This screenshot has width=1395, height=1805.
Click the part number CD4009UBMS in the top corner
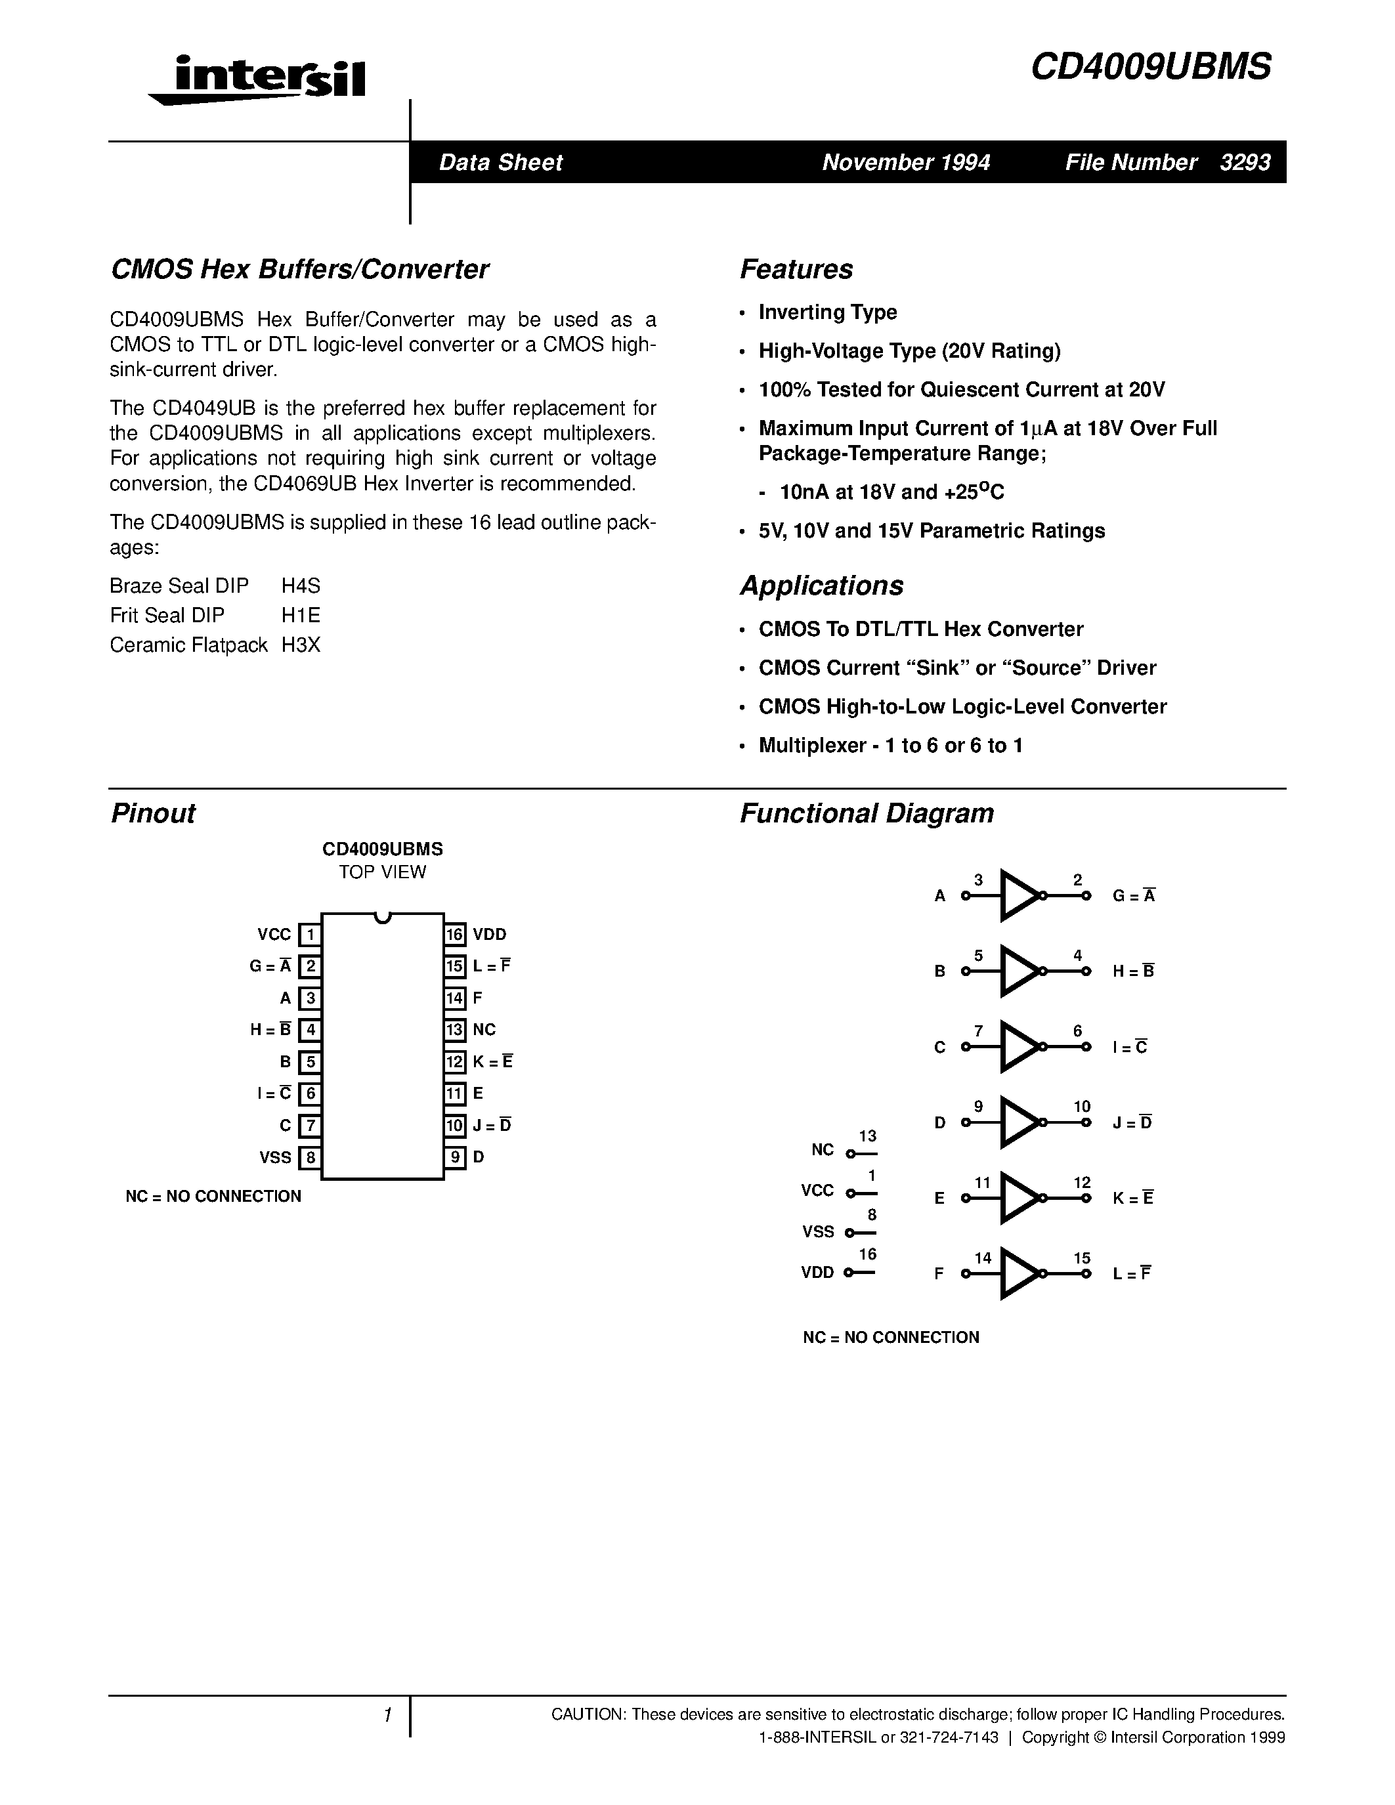[1150, 67]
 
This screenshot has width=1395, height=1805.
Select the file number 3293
[1245, 163]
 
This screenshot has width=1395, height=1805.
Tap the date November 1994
[906, 163]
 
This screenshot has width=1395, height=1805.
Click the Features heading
[796, 269]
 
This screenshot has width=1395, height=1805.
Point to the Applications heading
[821, 585]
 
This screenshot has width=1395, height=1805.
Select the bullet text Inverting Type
[827, 312]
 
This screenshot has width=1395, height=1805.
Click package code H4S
[301, 586]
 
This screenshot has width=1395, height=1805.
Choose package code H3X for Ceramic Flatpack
[301, 645]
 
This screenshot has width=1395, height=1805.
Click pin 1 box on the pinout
[310, 935]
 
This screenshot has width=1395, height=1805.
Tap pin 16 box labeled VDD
[454, 935]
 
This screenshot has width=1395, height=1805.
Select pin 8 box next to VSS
[310, 1157]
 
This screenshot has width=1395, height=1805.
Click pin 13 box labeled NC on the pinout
[454, 1030]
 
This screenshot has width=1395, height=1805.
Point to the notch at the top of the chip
[382, 918]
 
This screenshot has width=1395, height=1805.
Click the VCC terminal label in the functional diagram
[817, 1191]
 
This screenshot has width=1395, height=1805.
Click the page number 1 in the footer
[387, 1716]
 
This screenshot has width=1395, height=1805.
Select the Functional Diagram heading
[866, 813]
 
